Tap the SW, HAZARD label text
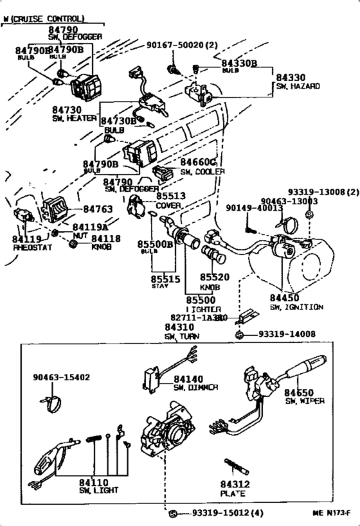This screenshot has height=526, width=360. (x=298, y=85)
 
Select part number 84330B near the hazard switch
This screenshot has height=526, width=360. (x=239, y=63)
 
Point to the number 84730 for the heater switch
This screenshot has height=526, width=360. (x=67, y=110)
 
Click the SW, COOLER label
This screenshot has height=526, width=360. (x=203, y=172)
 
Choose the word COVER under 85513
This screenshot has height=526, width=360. (x=168, y=206)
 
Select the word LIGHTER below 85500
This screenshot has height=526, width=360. (x=204, y=309)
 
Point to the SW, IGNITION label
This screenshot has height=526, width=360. (x=296, y=307)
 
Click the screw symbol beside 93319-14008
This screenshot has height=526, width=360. (x=239, y=335)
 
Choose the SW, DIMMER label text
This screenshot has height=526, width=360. (x=195, y=387)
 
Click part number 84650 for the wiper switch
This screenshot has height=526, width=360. (x=299, y=392)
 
